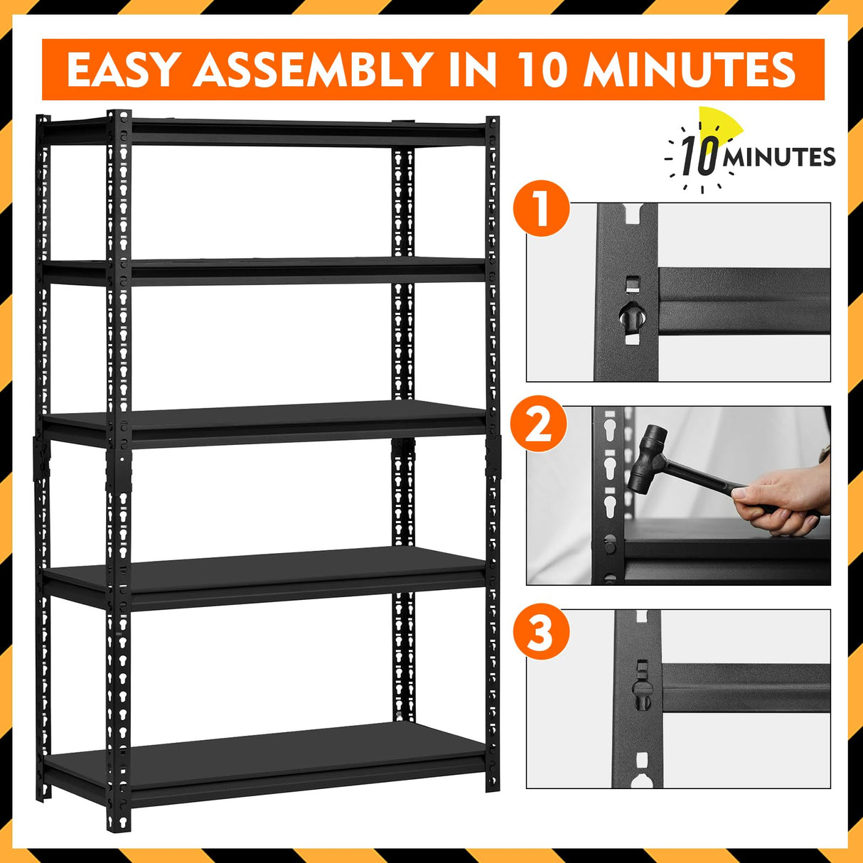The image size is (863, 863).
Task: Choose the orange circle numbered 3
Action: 541,631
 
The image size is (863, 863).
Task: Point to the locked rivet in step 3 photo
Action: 642,694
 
